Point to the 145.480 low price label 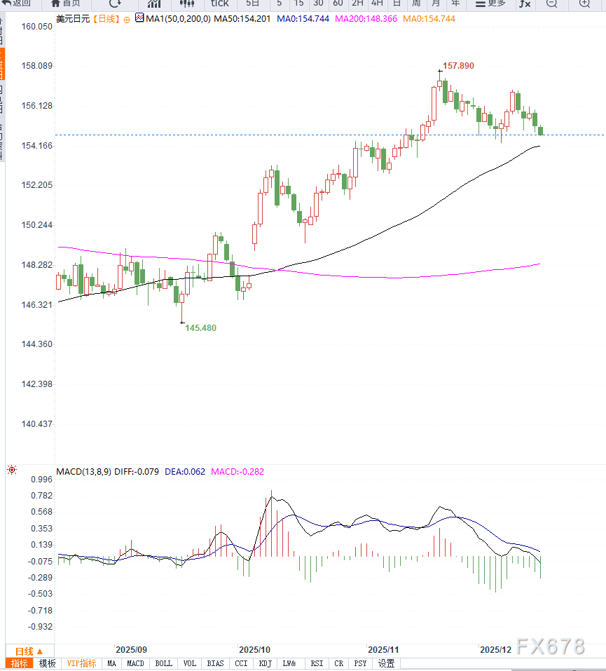200,327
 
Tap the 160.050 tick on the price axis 37,27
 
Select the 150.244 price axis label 37,225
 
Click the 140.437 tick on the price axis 37,424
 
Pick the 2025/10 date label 254,650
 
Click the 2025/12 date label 495,650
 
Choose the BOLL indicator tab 163,663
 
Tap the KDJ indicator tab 265,663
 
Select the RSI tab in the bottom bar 317,663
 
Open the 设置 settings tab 386,663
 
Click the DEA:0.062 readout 185,471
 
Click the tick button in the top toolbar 220,4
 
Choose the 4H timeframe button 377,4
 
